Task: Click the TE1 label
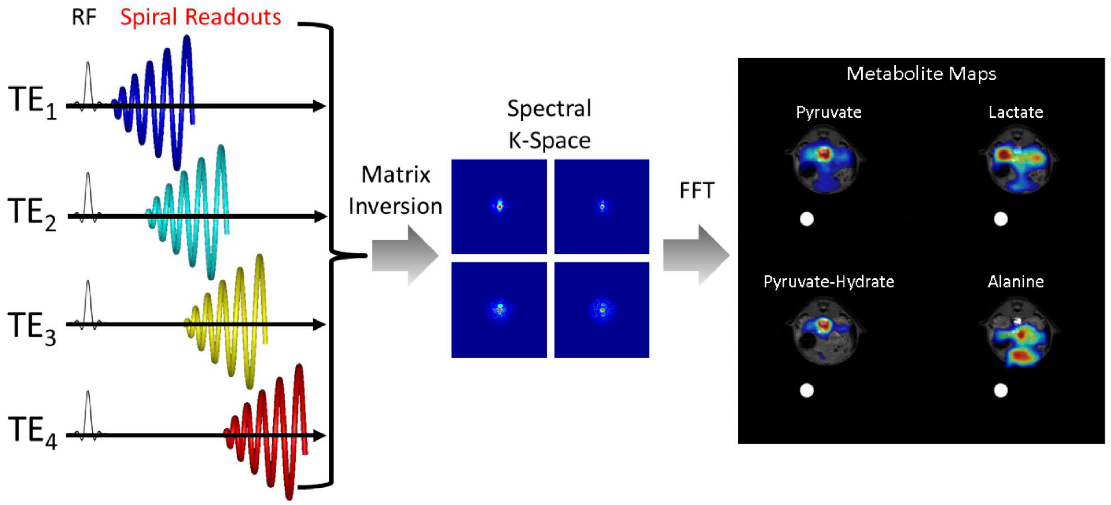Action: point(32,102)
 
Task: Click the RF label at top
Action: point(84,17)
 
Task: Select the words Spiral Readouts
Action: point(200,17)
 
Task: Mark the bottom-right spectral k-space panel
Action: point(602,310)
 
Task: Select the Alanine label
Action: point(1016,282)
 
